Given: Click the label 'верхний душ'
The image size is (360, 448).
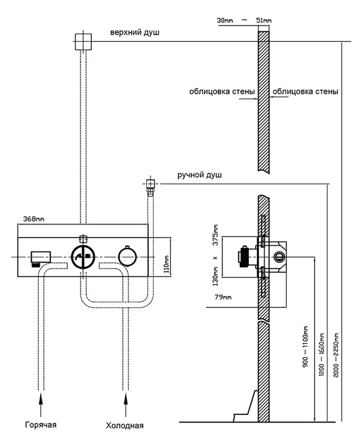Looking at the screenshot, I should click(135, 33).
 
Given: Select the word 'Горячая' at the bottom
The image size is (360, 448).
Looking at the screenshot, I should click(40, 425).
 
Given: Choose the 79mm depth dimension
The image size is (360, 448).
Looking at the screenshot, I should click(223, 297).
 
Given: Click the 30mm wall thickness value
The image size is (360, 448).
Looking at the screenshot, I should click(225, 21).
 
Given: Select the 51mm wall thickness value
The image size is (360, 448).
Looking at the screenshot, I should click(263, 21).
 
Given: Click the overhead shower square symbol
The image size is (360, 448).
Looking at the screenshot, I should click(83, 42).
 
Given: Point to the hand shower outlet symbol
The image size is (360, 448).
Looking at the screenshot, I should click(150, 185).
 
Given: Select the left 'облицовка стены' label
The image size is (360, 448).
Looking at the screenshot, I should click(222, 92).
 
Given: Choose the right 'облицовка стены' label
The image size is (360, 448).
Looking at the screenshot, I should click(305, 92).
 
